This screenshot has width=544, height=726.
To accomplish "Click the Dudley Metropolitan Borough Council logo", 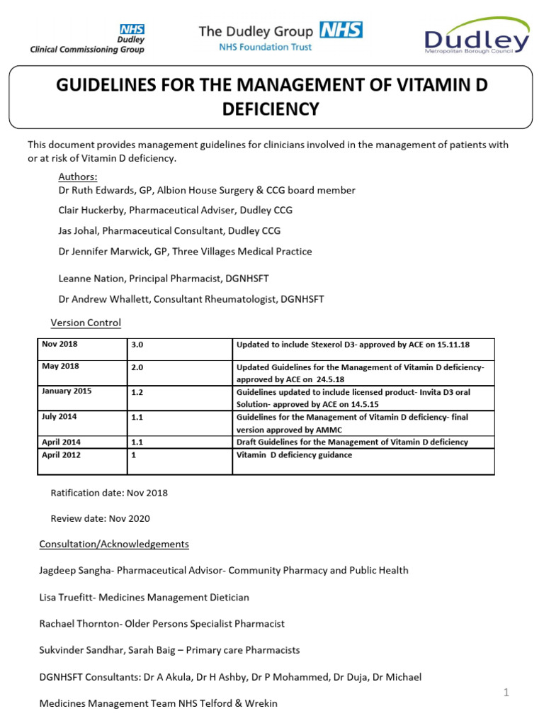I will [476, 37].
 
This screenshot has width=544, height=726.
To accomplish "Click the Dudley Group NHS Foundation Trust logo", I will [280, 36].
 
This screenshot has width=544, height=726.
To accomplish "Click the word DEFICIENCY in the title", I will [272, 109].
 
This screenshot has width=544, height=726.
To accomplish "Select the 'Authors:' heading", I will [78, 177].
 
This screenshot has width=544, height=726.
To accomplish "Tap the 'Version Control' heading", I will [86, 323].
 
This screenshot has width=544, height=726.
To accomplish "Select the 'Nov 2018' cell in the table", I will [60, 345].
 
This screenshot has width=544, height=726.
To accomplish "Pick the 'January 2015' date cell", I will [67, 391].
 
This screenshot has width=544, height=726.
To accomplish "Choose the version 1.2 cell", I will [137, 391].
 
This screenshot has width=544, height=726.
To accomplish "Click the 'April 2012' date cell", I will [61, 454].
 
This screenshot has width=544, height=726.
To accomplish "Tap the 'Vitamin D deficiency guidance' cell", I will [294, 454].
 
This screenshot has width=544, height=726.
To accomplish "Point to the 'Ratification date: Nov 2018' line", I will [109, 492].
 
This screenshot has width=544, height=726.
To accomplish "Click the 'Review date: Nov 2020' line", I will [100, 518].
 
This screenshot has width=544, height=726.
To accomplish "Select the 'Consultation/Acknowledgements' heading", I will [114, 544].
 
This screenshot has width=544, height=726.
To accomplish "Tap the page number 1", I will [506, 693].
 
